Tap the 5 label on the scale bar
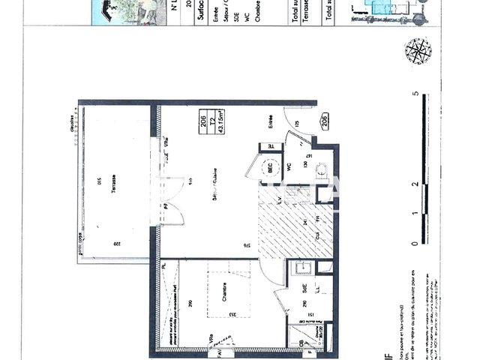pyautogui.click(x=415, y=94)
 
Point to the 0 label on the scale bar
pyautogui.click(x=415, y=244)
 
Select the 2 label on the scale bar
pyautogui.click(x=415, y=184)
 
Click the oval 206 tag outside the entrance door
pyautogui.click(x=325, y=121)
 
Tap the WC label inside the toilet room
pyautogui.click(x=288, y=166)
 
